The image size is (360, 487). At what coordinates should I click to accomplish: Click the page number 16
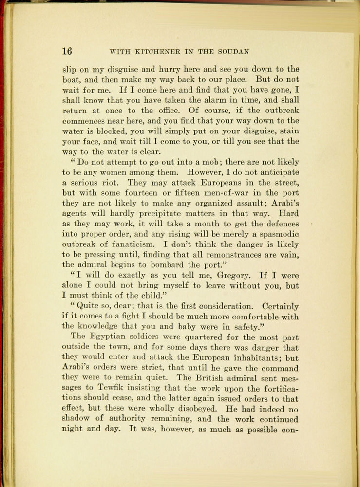coord(67,51)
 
